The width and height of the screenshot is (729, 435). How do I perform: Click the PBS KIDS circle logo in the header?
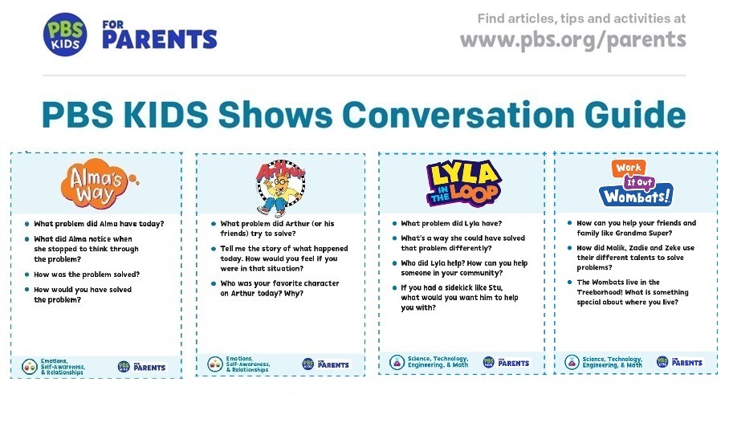[x=65, y=35]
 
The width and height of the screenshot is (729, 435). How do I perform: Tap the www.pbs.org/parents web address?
[x=572, y=39]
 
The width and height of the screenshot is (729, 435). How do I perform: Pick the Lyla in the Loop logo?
[x=463, y=183]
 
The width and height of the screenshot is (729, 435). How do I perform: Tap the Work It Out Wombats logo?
[x=636, y=182]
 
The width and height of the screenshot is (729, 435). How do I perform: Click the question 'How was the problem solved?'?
[x=87, y=274]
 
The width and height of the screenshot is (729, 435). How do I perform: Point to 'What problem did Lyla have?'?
[x=452, y=224]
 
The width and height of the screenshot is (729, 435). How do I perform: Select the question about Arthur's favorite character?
[x=279, y=288]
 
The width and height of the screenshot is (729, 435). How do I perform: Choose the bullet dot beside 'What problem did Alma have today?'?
[x=26, y=224]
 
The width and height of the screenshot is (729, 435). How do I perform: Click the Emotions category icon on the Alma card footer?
[x=29, y=366]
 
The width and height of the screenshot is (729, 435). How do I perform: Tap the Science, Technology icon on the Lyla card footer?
[x=397, y=362]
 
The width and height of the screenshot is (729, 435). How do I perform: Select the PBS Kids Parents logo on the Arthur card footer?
[x=325, y=364]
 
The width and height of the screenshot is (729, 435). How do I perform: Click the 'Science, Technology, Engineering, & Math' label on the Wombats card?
[x=612, y=362]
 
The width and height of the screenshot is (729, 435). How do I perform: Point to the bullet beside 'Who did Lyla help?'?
[x=393, y=263]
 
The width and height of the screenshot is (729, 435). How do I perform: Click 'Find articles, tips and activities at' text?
[x=581, y=18]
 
